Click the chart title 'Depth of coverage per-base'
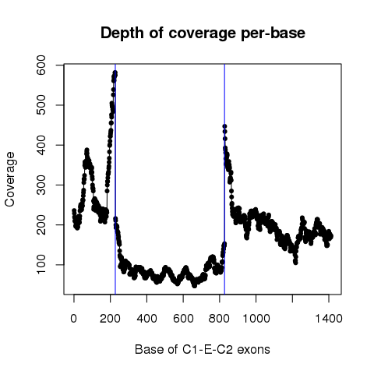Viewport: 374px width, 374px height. click(x=203, y=34)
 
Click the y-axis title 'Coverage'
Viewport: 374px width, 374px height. click(x=10, y=179)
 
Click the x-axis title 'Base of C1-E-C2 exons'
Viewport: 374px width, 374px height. click(x=203, y=349)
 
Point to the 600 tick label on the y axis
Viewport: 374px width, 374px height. click(x=41, y=65)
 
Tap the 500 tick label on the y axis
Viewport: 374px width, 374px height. click(x=41, y=105)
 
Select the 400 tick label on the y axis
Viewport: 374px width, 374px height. click(x=41, y=145)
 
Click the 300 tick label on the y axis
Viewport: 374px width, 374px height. click(x=41, y=185)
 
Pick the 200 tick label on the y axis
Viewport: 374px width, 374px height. click(x=41, y=225)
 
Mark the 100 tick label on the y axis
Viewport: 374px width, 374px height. click(x=41, y=265)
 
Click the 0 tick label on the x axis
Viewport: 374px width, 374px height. click(x=74, y=318)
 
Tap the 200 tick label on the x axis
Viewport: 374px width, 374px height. click(x=110, y=318)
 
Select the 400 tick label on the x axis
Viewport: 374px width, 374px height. click(x=146, y=318)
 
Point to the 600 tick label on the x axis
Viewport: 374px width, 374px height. click(x=183, y=318)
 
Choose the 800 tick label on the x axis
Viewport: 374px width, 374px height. click(x=220, y=318)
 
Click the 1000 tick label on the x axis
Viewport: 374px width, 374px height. click(x=256, y=318)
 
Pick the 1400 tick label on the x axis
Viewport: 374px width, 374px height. click(x=329, y=318)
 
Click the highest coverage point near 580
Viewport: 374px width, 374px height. click(x=115, y=72)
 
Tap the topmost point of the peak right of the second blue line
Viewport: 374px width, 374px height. click(x=224, y=126)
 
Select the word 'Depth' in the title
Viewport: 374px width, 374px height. click(x=122, y=34)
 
